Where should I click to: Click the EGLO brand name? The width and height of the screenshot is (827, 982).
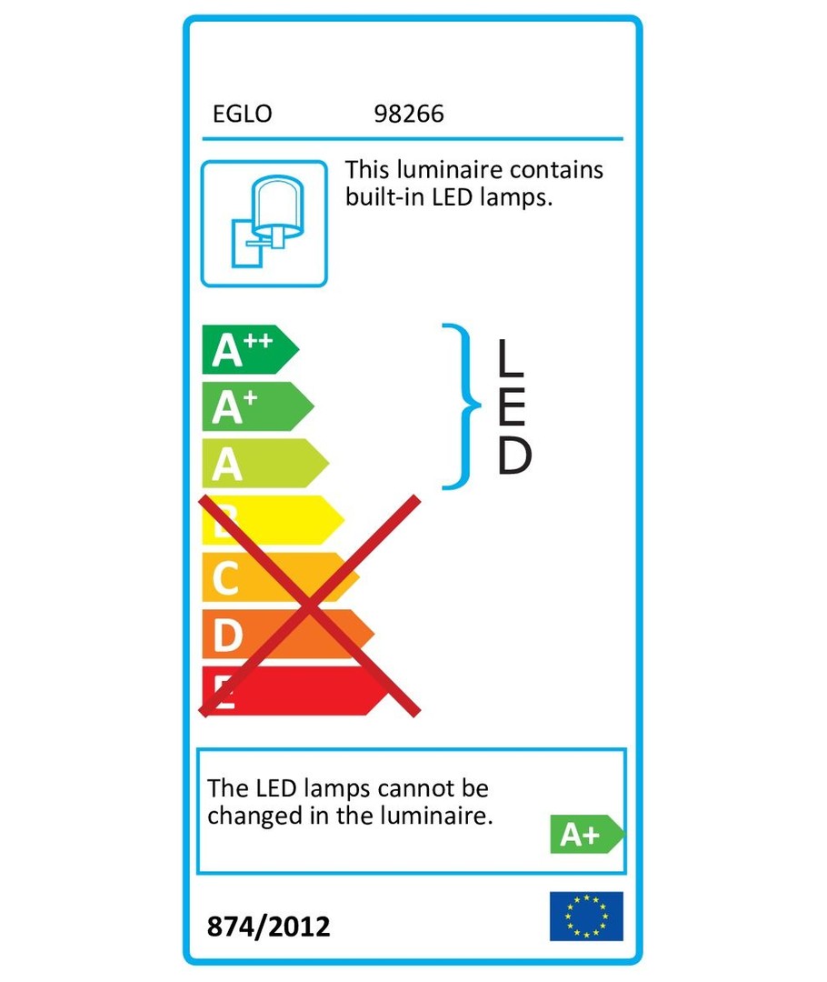[243, 114]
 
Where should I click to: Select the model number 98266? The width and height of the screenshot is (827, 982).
[409, 114]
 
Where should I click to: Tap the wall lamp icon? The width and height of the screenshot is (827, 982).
[264, 224]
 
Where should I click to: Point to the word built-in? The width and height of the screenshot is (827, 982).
[385, 197]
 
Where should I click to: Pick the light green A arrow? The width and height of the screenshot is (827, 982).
[265, 464]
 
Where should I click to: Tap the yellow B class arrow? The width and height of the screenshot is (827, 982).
[273, 520]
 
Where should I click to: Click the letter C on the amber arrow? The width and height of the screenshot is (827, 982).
[225, 578]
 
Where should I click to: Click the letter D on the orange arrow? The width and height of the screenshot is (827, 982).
[228, 635]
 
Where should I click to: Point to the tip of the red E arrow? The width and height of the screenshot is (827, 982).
[389, 691]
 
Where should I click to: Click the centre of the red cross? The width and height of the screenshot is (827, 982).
[309, 606]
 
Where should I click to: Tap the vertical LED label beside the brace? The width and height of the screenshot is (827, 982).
[514, 406]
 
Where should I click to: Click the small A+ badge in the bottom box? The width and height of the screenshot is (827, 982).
[586, 834]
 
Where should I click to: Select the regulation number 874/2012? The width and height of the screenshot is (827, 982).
[269, 927]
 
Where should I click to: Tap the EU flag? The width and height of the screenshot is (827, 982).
[586, 917]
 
